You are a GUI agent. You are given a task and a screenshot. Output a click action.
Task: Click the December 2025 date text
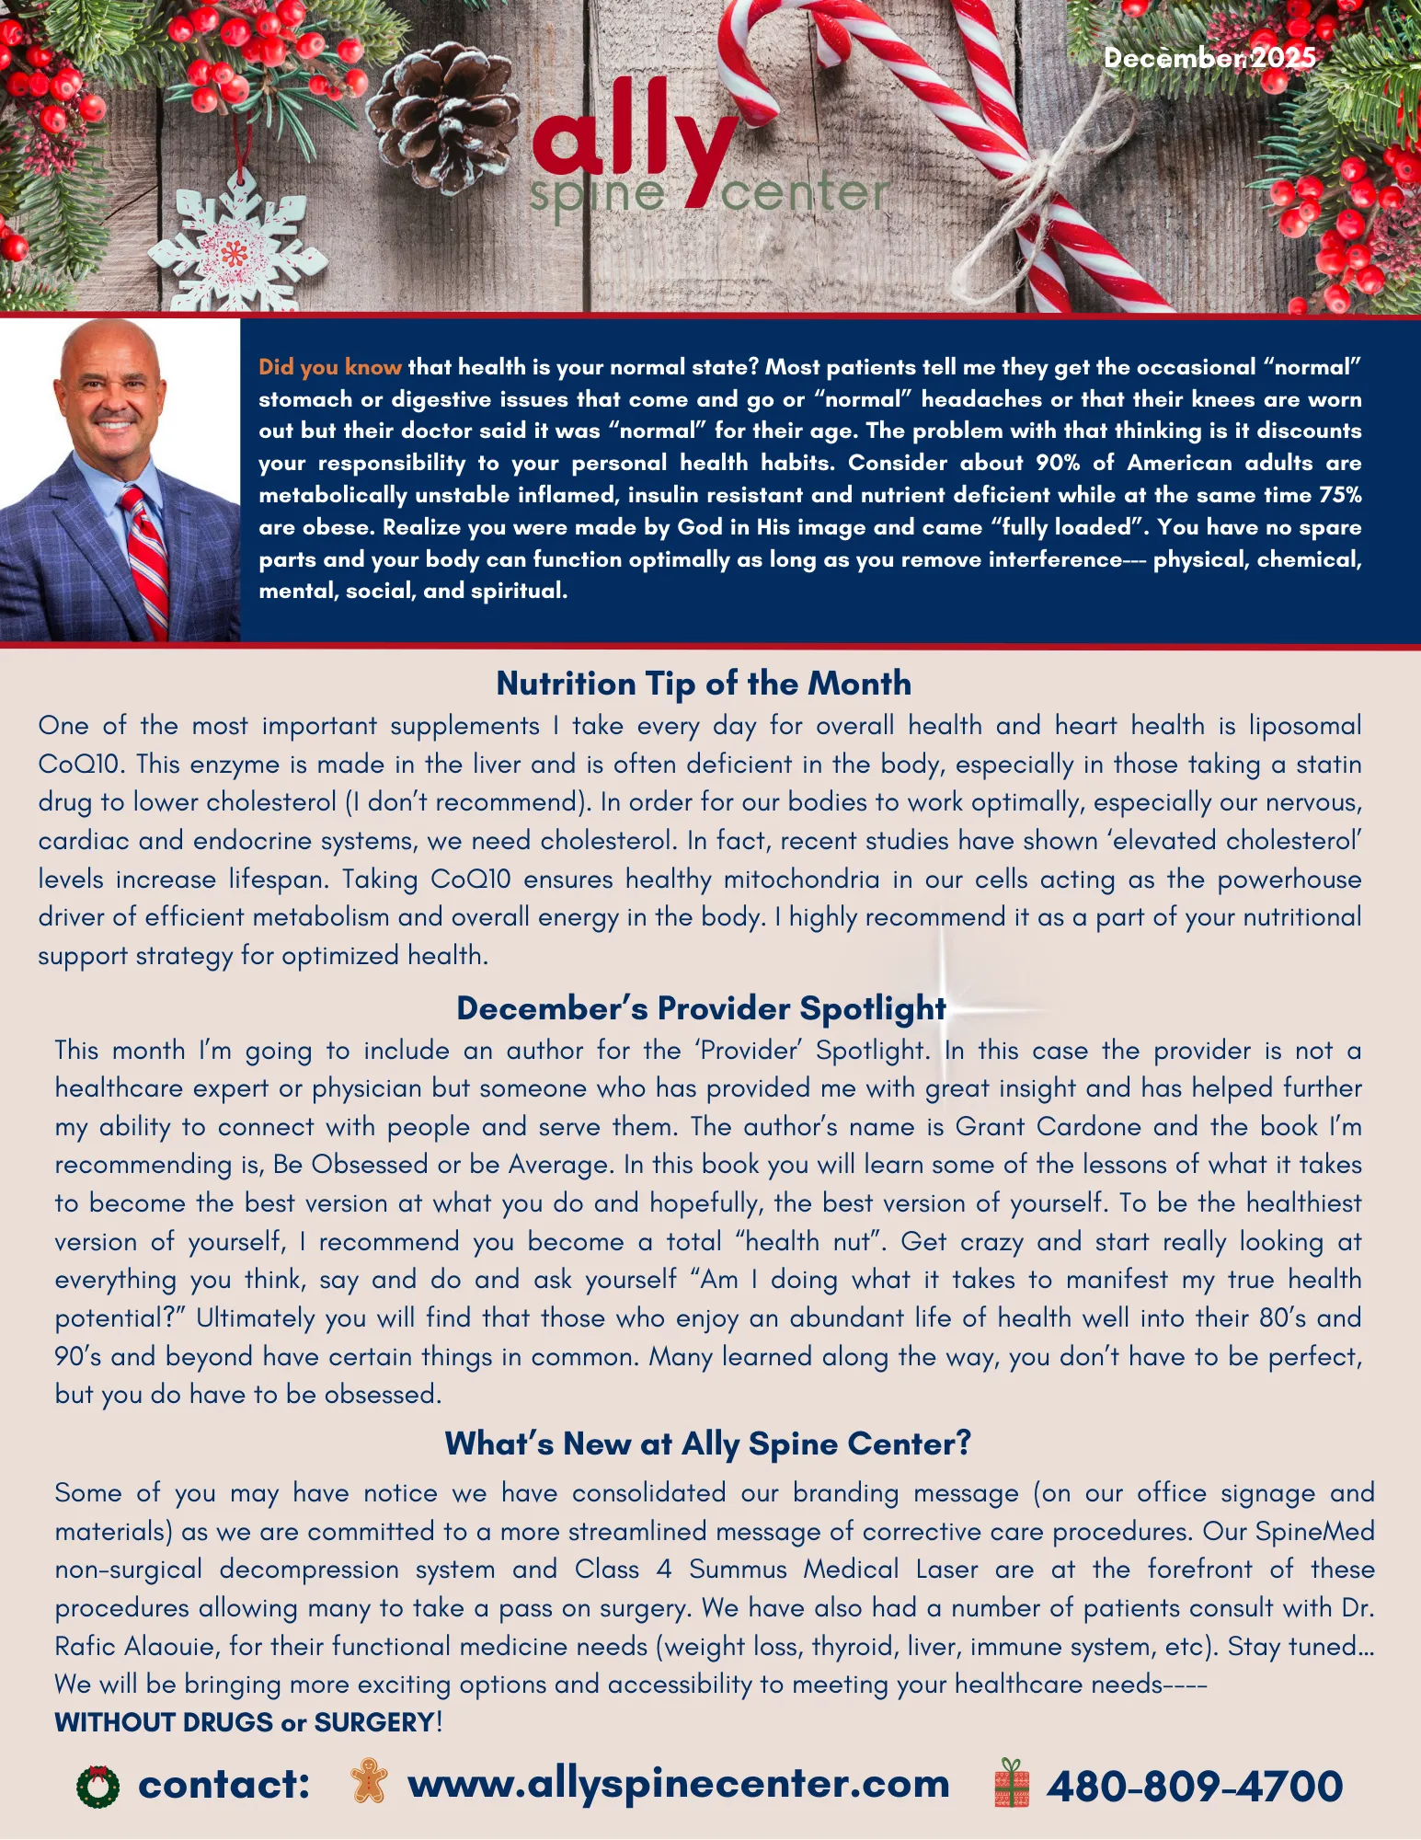coord(1209,58)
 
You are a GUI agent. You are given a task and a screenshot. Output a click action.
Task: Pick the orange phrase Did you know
coord(329,367)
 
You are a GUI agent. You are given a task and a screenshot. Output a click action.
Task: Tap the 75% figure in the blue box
coord(1340,495)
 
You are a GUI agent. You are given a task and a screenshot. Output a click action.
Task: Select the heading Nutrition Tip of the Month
coord(704,684)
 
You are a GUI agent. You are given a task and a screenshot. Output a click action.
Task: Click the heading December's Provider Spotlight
coord(701,1008)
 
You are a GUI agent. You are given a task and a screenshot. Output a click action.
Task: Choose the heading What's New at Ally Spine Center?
coord(707,1443)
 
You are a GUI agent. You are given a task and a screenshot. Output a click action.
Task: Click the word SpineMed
coord(1314,1531)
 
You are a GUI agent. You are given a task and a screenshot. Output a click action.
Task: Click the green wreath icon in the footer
coord(97,1787)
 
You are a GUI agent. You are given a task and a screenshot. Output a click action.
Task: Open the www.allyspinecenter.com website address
coord(679,1784)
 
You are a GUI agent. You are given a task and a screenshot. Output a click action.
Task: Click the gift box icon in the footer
coord(1012,1783)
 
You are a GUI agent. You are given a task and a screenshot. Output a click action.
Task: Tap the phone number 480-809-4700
coord(1195,1786)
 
